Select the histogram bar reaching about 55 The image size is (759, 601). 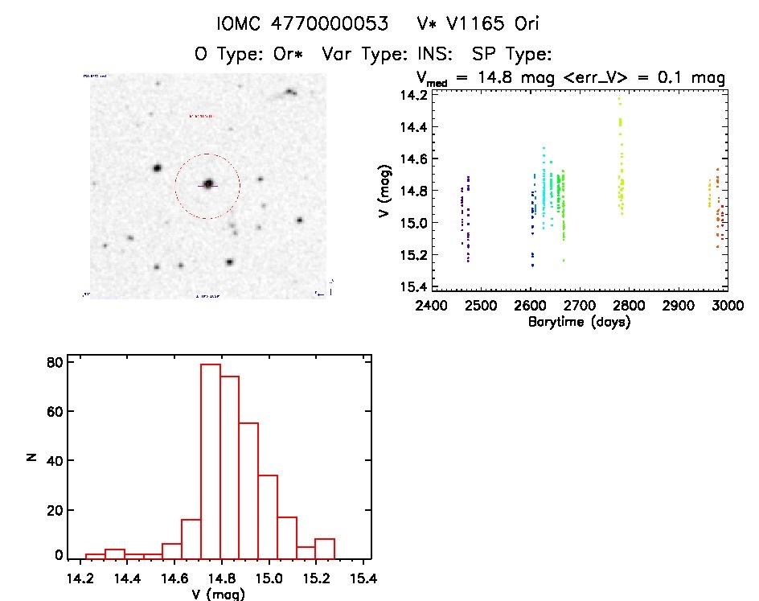(x=248, y=490)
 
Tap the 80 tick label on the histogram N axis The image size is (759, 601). (x=54, y=362)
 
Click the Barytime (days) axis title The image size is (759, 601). (x=578, y=322)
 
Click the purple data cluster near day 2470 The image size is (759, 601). (x=465, y=217)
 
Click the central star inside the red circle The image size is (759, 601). (x=208, y=184)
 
